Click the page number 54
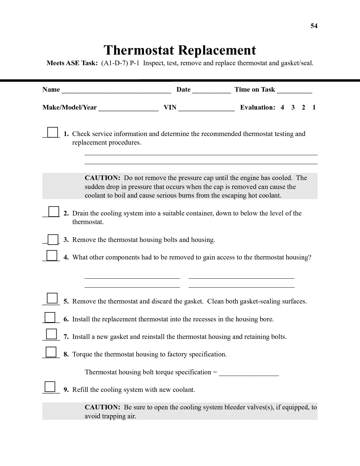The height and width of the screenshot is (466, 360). click(314, 26)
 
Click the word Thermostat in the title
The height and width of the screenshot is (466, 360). click(139, 50)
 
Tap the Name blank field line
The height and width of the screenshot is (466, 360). click(116, 91)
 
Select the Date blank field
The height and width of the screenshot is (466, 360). click(211, 91)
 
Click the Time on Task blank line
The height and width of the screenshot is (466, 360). click(294, 91)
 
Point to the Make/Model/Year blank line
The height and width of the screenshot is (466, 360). click(128, 109)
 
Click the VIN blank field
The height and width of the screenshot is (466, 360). click(206, 109)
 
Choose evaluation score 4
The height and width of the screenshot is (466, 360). click(282, 107)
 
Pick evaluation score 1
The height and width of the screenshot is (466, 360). click(314, 107)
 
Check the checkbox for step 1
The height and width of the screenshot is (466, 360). click(52, 132)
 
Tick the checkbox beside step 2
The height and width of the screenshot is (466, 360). click(54, 211)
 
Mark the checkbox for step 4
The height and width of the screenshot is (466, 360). click(52, 256)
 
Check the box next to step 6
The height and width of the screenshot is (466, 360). click(50, 317)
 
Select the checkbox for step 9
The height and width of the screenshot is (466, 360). click(50, 387)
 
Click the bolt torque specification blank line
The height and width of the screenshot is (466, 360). click(249, 374)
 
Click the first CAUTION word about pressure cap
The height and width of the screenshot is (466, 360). click(102, 178)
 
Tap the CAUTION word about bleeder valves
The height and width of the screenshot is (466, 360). click(102, 407)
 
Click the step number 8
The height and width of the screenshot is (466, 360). click(66, 354)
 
